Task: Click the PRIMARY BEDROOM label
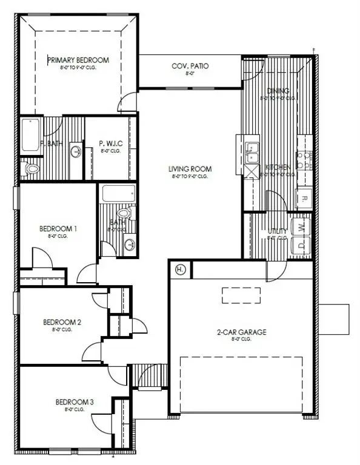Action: (x=78, y=60)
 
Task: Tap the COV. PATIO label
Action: (x=190, y=65)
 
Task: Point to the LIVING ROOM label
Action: (x=190, y=169)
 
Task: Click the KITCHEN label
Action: (x=276, y=167)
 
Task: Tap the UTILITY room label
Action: (x=278, y=231)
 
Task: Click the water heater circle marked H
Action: (x=180, y=269)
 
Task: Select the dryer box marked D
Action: (x=302, y=246)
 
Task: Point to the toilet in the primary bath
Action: (x=31, y=168)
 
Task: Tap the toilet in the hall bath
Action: (x=125, y=214)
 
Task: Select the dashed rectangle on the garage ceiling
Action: (x=241, y=295)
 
